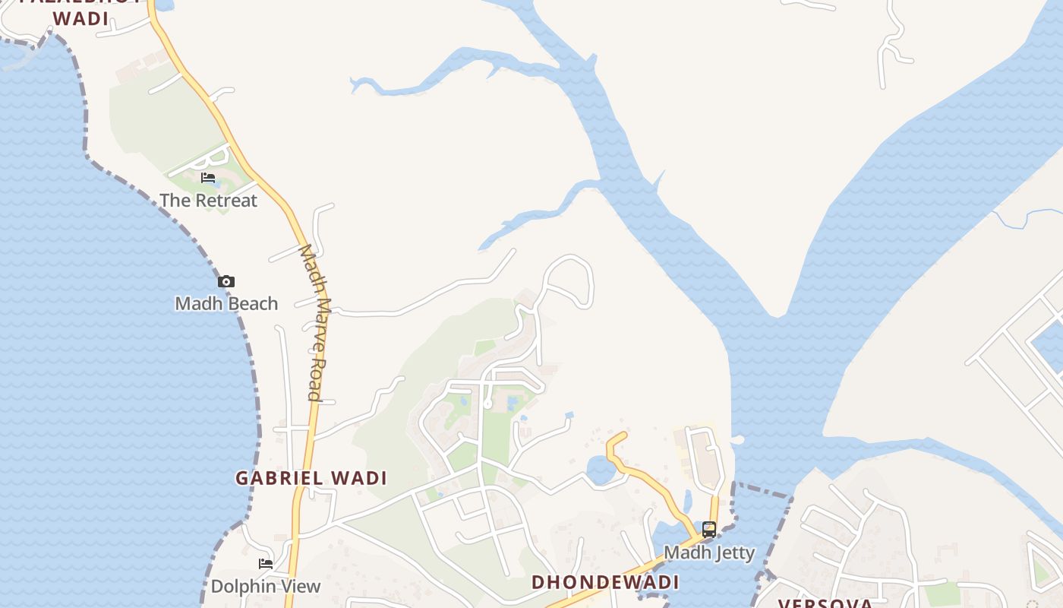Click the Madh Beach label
pyautogui.click(x=226, y=303)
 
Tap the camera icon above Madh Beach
pyautogui.click(x=226, y=282)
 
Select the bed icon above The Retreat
pyautogui.click(x=208, y=178)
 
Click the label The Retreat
pyautogui.click(x=209, y=201)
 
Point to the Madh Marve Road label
pyautogui.click(x=314, y=322)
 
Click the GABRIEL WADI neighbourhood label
pyautogui.click(x=311, y=478)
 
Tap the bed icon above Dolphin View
pyautogui.click(x=266, y=564)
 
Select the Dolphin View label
pyautogui.click(x=266, y=586)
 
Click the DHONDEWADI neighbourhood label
pyautogui.click(x=605, y=582)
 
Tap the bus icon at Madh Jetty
pyautogui.click(x=708, y=530)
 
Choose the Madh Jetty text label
pyautogui.click(x=709, y=553)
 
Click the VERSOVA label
pyautogui.click(x=825, y=603)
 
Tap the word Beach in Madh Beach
pyautogui.click(x=253, y=303)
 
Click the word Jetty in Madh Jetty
pyautogui.click(x=730, y=553)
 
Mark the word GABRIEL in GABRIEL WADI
pyautogui.click(x=277, y=478)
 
